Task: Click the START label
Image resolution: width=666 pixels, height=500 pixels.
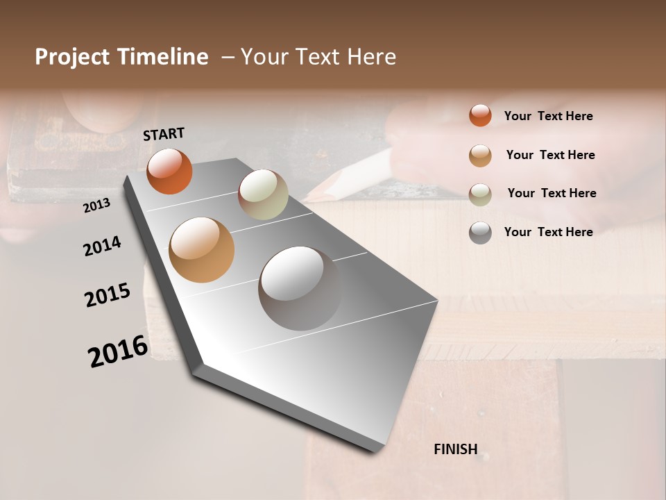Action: (164, 134)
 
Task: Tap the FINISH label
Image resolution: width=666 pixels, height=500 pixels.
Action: (455, 449)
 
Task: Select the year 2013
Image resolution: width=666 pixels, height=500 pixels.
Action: (96, 206)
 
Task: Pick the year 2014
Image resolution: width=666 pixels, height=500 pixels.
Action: (102, 246)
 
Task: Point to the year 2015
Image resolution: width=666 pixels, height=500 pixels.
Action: (108, 295)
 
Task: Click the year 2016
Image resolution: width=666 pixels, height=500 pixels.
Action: (118, 351)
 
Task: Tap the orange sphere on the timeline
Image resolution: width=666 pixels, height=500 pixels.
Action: (169, 172)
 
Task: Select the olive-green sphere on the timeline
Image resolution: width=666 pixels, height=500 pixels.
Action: (263, 194)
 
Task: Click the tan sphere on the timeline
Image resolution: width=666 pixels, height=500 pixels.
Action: (202, 250)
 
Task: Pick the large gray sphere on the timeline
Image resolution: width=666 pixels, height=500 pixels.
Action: (300, 287)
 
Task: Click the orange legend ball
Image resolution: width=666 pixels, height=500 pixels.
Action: (480, 115)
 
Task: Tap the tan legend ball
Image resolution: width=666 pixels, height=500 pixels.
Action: (480, 156)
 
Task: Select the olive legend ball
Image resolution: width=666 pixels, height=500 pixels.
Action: (480, 194)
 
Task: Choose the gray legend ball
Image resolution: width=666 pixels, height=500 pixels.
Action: (480, 233)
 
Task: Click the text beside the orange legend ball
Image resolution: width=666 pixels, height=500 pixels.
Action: (548, 116)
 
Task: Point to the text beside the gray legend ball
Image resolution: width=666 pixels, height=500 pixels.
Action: (548, 232)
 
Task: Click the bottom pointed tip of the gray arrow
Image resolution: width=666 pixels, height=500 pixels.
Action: (375, 452)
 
